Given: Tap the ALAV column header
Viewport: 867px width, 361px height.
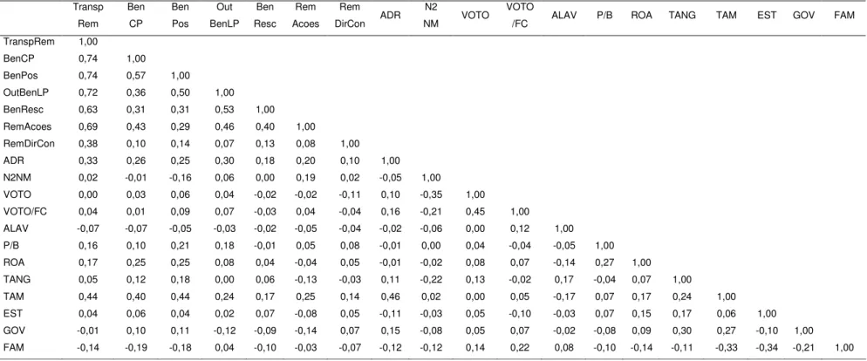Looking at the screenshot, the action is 564,16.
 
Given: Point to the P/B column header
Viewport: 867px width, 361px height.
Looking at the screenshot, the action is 604,16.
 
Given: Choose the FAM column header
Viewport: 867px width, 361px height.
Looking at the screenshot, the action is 843,16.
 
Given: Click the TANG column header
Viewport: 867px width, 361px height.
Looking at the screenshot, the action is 681,16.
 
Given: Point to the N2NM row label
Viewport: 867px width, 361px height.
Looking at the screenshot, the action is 16,177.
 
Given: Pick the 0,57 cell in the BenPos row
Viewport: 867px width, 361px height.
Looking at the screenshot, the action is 135,75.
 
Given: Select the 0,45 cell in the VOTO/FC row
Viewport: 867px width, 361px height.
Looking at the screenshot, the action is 475,211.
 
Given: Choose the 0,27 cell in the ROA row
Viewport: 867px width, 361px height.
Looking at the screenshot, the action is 604,262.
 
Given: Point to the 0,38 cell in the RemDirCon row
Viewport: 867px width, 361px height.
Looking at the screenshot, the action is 88,143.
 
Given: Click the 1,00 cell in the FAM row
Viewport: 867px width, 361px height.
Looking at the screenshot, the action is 843,348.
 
